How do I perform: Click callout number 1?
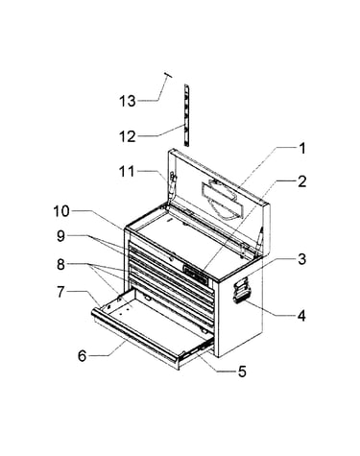pyautogui.click(x=301, y=149)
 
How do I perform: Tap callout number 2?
pyautogui.click(x=301, y=181)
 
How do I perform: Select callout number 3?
pyautogui.click(x=301, y=259)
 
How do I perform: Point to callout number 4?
pyautogui.click(x=301, y=316)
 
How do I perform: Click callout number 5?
pyautogui.click(x=242, y=372)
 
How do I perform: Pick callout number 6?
pyautogui.click(x=83, y=356)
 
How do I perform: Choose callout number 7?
pyautogui.click(x=60, y=292)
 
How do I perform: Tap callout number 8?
pyautogui.click(x=60, y=265)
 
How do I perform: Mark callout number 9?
pyautogui.click(x=60, y=237)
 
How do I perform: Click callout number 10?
pyautogui.click(x=61, y=211)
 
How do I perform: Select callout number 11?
pyautogui.click(x=127, y=172)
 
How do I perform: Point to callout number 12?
pyautogui.click(x=128, y=136)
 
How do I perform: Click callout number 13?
pyautogui.click(x=128, y=102)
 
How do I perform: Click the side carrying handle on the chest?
pyautogui.click(x=241, y=291)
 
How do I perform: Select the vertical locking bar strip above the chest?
pyautogui.click(x=186, y=115)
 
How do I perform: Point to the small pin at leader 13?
pyautogui.click(x=168, y=76)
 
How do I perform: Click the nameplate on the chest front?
pyautogui.click(x=195, y=273)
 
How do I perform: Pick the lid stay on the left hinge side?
pyautogui.click(x=173, y=187)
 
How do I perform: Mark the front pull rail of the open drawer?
pyautogui.click(x=133, y=335)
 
